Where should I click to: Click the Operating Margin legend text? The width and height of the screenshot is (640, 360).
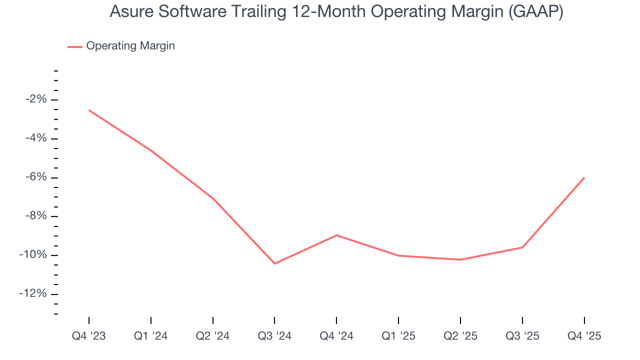[x=130, y=46]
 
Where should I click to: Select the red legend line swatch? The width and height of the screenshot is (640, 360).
[x=75, y=46]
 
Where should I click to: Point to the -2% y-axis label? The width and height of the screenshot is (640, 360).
[x=36, y=99]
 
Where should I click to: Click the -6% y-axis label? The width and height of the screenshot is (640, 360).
[x=36, y=177]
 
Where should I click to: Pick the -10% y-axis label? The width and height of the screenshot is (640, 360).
[x=34, y=255]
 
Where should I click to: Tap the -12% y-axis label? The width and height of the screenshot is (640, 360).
[x=34, y=293]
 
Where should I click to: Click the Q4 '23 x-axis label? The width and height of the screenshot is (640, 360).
[x=89, y=336]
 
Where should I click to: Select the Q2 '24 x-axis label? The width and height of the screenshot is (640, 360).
[x=213, y=336]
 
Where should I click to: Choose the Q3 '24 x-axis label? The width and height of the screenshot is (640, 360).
[x=274, y=336]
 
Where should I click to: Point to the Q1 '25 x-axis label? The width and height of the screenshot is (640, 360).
[x=398, y=336]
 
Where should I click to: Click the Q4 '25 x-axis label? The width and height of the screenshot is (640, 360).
[x=584, y=336]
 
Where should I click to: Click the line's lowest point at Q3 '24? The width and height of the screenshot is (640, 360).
[x=274, y=263]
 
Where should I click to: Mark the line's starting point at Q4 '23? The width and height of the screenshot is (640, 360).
[x=89, y=110]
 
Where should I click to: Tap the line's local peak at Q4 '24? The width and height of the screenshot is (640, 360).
[x=336, y=235]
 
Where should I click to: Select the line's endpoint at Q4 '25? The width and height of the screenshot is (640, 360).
[x=584, y=177]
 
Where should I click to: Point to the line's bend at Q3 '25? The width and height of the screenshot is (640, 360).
[x=522, y=247]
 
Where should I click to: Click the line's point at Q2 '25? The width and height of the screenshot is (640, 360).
[x=460, y=259]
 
